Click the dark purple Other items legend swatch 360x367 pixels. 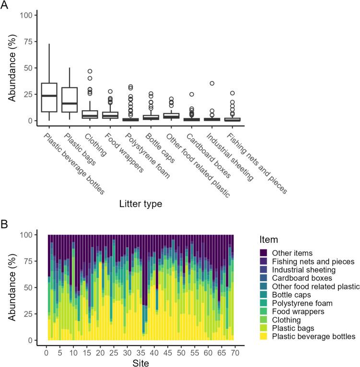coord(264,252)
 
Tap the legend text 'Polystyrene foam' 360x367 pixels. coord(302,303)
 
